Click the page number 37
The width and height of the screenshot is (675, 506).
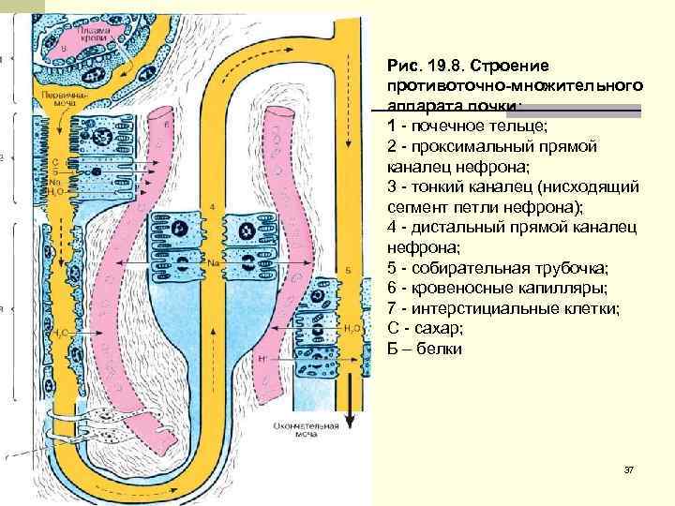pyautogui.click(x=628, y=468)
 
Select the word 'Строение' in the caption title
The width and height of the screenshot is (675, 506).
pyautogui.click(x=514, y=66)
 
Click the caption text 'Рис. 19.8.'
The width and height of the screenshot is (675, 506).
pyautogui.click(x=427, y=66)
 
